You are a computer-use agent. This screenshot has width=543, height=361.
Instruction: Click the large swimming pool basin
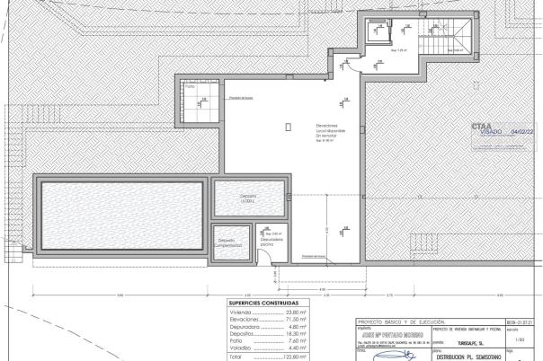119,212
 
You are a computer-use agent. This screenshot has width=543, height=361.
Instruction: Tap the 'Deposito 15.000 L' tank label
248,198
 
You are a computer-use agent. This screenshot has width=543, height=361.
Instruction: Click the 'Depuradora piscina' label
271,242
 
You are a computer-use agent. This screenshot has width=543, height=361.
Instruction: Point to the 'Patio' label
190,88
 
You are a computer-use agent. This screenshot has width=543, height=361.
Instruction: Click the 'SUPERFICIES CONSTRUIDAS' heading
263,303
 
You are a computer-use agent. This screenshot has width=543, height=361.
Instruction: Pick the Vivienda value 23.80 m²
296,312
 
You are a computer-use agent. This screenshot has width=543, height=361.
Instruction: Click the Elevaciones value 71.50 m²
296,319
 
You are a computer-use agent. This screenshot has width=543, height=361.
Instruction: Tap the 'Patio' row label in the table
236,341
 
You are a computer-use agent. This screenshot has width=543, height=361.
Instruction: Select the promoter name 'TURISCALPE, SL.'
464,341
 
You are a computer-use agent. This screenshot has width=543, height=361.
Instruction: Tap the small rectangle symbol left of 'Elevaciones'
288,127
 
